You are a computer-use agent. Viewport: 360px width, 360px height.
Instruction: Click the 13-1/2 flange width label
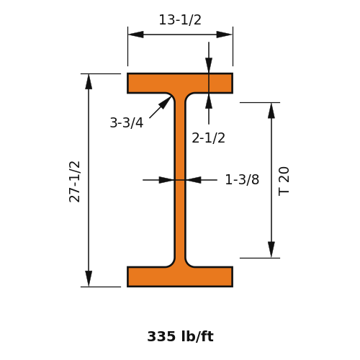coord(180,20)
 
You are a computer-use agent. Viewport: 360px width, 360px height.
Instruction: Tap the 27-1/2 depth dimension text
coord(74,181)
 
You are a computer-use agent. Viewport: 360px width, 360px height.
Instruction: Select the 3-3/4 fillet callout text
coord(127,122)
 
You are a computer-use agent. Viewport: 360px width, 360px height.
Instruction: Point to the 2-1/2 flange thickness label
coord(208,138)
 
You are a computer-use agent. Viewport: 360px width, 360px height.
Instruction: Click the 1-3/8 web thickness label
coord(242,179)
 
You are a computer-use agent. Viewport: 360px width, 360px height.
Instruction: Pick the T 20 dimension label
coord(284,181)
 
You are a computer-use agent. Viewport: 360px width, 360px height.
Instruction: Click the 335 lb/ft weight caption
coord(180,336)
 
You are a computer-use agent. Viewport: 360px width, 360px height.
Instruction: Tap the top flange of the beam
coord(180,83)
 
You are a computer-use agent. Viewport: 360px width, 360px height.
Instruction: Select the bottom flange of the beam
coord(180,276)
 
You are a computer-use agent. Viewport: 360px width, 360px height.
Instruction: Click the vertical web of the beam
coord(180,180)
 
